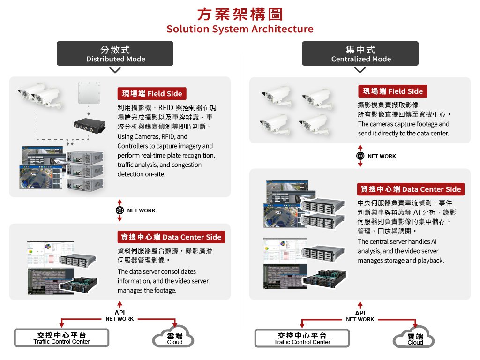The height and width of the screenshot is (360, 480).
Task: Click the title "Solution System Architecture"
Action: pyautogui.click(x=240, y=29)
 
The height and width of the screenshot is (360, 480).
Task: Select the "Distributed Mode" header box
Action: pyautogui.click(x=115, y=53)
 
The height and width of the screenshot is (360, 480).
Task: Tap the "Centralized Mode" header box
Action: pyautogui.click(x=360, y=53)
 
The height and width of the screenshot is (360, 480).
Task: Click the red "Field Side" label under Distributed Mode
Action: pyautogui.click(x=152, y=93)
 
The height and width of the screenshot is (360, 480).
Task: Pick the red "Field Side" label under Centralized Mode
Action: pyautogui.click(x=392, y=91)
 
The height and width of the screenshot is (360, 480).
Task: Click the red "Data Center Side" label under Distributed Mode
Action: pyautogui.click(x=171, y=237)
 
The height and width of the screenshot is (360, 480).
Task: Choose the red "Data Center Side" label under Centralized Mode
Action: pyautogui.click(x=411, y=189)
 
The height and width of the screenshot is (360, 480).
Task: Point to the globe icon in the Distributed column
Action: pyautogui.click(x=120, y=210)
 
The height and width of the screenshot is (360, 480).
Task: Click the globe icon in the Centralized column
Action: pyautogui.click(x=360, y=156)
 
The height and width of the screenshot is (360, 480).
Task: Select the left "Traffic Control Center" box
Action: pyautogui.click(x=61, y=338)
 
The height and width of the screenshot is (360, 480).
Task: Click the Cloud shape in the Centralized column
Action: pyautogui.click(x=415, y=338)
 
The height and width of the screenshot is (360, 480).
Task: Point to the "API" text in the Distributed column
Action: pyautogui.click(x=120, y=313)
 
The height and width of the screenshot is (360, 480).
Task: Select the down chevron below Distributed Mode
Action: pyautogui.click(x=115, y=70)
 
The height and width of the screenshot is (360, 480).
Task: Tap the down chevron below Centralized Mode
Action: pyautogui.click(x=360, y=70)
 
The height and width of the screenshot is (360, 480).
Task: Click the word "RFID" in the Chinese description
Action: pyautogui.click(x=166, y=108)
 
